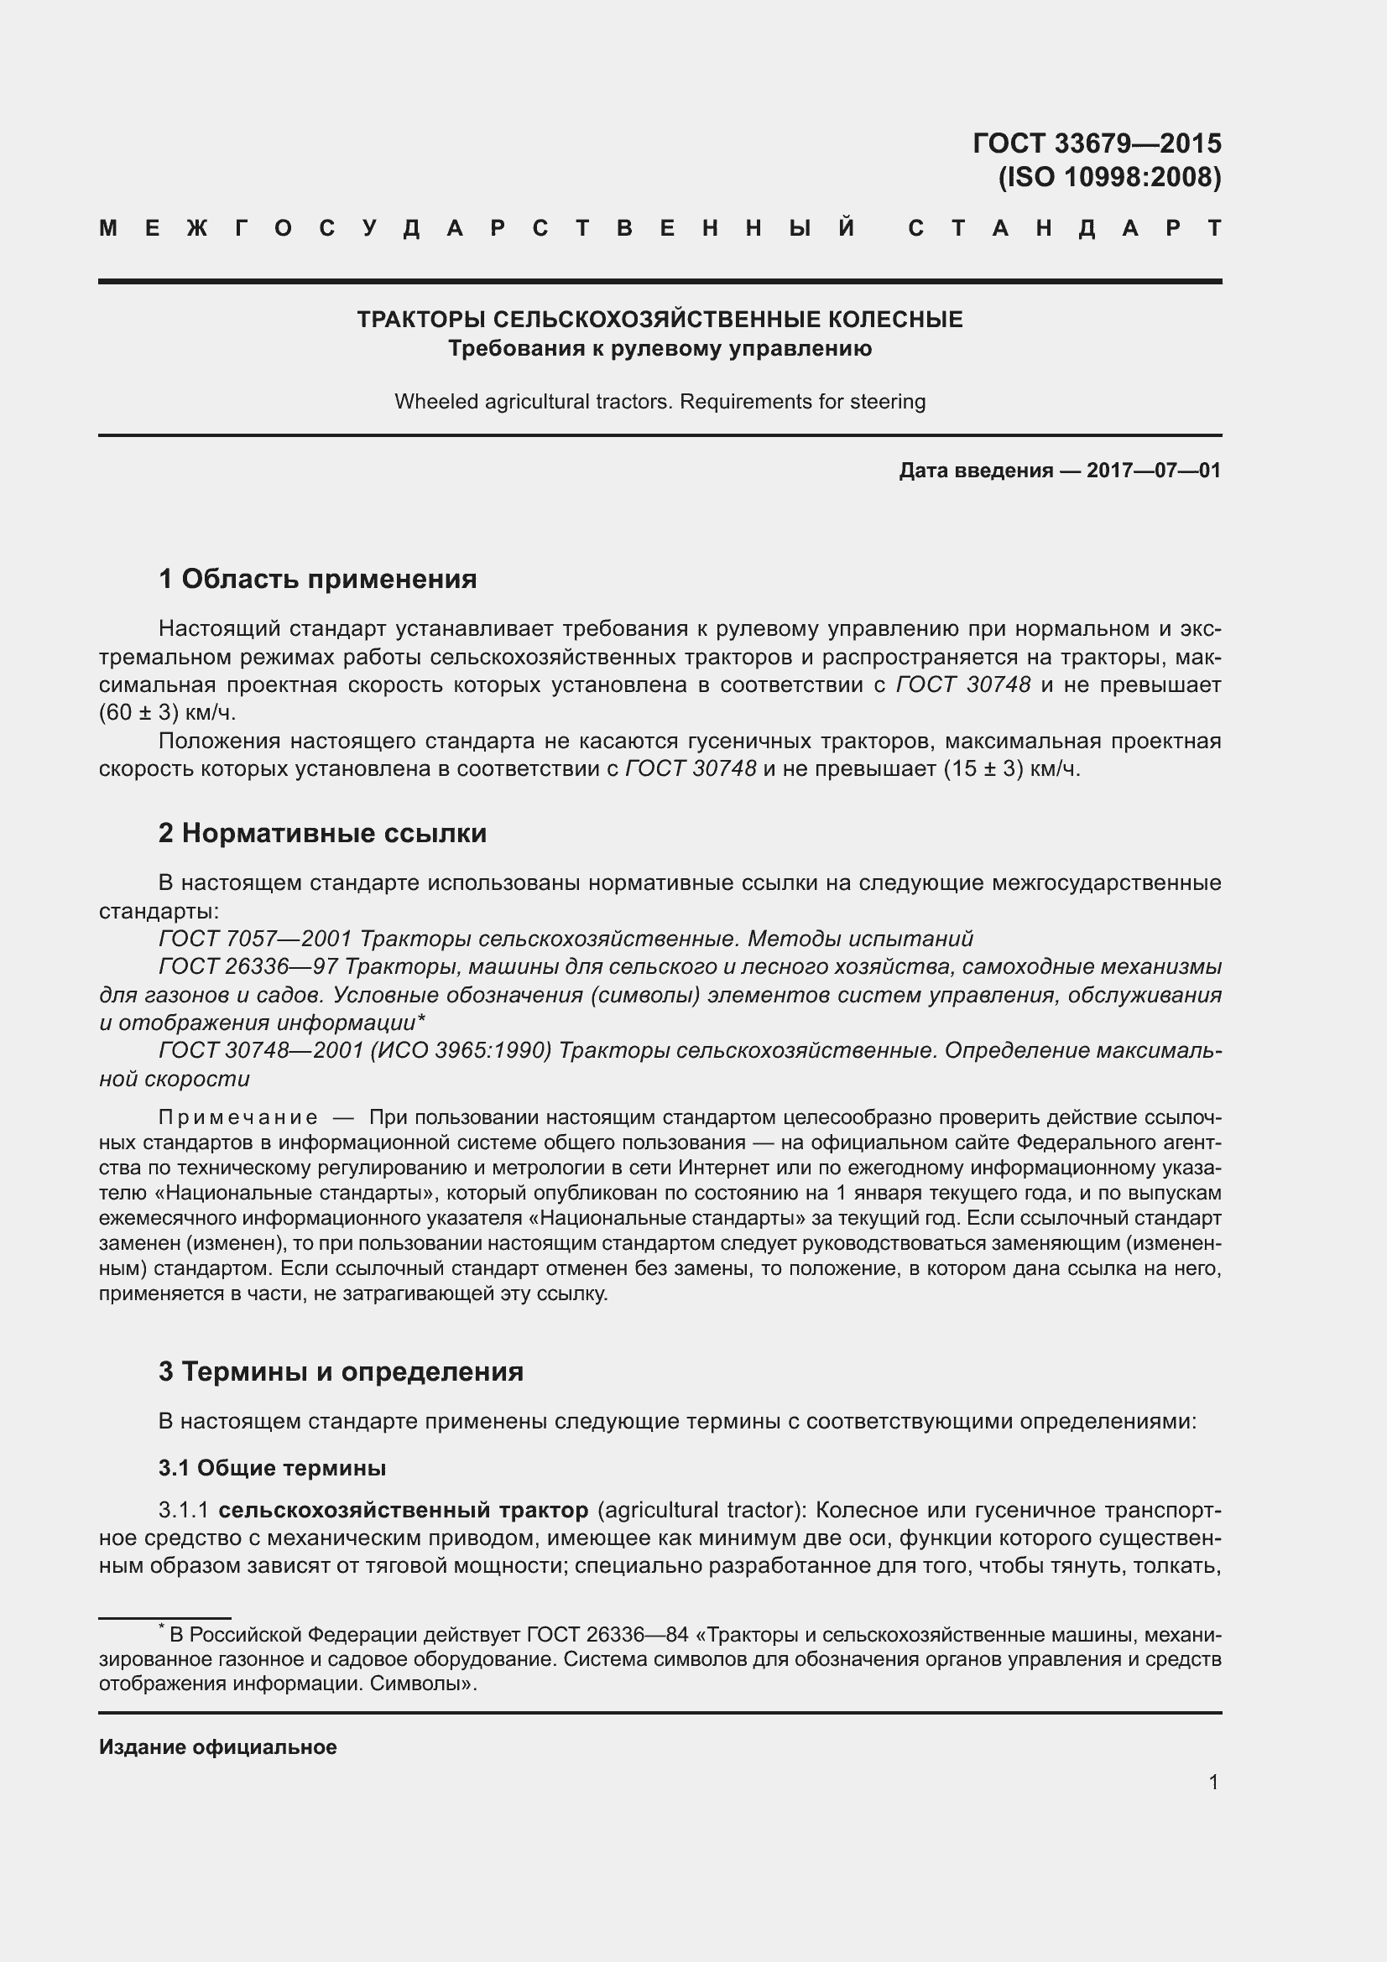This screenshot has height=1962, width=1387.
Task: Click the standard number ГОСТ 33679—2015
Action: pyautogui.click(x=1097, y=143)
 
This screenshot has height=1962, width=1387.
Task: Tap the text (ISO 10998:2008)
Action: pyautogui.click(x=1109, y=178)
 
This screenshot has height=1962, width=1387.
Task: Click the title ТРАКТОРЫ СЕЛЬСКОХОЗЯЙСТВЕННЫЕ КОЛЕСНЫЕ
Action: pyautogui.click(x=659, y=320)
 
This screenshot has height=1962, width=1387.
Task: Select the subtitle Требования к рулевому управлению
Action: pyautogui.click(x=659, y=349)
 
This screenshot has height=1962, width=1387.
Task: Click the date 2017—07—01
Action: pyautogui.click(x=1153, y=471)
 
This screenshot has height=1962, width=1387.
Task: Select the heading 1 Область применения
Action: pyautogui.click(x=317, y=580)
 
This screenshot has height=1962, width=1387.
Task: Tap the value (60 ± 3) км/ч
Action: pyautogui.click(x=168, y=713)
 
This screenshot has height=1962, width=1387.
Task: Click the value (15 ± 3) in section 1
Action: pyautogui.click(x=983, y=769)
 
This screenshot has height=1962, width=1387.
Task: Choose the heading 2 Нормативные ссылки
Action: pyautogui.click(x=322, y=833)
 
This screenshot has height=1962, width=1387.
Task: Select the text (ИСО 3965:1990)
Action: pyautogui.click(x=461, y=1051)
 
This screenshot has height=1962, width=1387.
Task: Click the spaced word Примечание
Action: pyautogui.click(x=238, y=1117)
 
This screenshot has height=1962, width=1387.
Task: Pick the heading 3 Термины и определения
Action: pyautogui.click(x=340, y=1371)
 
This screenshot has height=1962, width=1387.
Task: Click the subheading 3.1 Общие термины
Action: pyautogui.click(x=272, y=1468)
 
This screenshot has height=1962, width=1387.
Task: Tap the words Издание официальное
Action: pyautogui.click(x=218, y=1747)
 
